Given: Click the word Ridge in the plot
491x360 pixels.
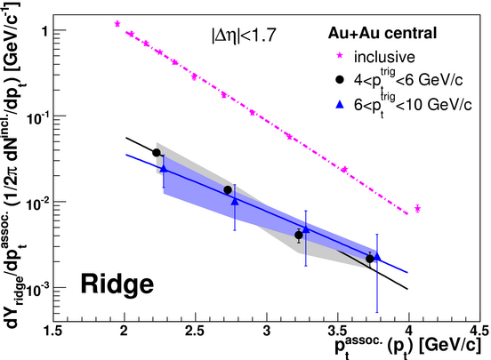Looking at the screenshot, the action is (x=117, y=284).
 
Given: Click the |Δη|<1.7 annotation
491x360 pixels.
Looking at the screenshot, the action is (x=244, y=35).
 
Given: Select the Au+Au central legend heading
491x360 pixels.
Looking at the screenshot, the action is (x=382, y=33).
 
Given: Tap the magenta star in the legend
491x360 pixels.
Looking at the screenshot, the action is (x=340, y=56).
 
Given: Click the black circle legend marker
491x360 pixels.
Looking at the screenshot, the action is (x=340, y=80).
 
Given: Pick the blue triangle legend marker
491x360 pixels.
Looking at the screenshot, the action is (x=340, y=104).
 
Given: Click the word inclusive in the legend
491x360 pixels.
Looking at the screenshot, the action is (x=384, y=57).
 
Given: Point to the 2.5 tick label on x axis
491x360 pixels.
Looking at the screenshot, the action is (x=195, y=331).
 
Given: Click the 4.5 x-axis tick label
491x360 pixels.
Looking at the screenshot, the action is (x=479, y=331).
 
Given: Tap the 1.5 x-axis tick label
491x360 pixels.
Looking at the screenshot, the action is (x=52, y=331).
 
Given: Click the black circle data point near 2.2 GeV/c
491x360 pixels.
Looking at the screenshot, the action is (x=157, y=153).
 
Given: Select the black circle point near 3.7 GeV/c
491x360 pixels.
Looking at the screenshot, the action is (x=370, y=259).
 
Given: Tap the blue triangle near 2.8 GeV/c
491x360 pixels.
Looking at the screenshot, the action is (x=235, y=201).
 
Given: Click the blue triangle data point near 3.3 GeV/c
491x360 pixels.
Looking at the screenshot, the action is (x=306, y=229).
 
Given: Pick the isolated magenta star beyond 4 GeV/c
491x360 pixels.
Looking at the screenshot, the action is (x=417, y=209).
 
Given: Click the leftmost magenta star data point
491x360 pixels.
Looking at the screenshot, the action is (x=117, y=24).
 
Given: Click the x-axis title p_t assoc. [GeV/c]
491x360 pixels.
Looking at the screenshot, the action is (x=407, y=347).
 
